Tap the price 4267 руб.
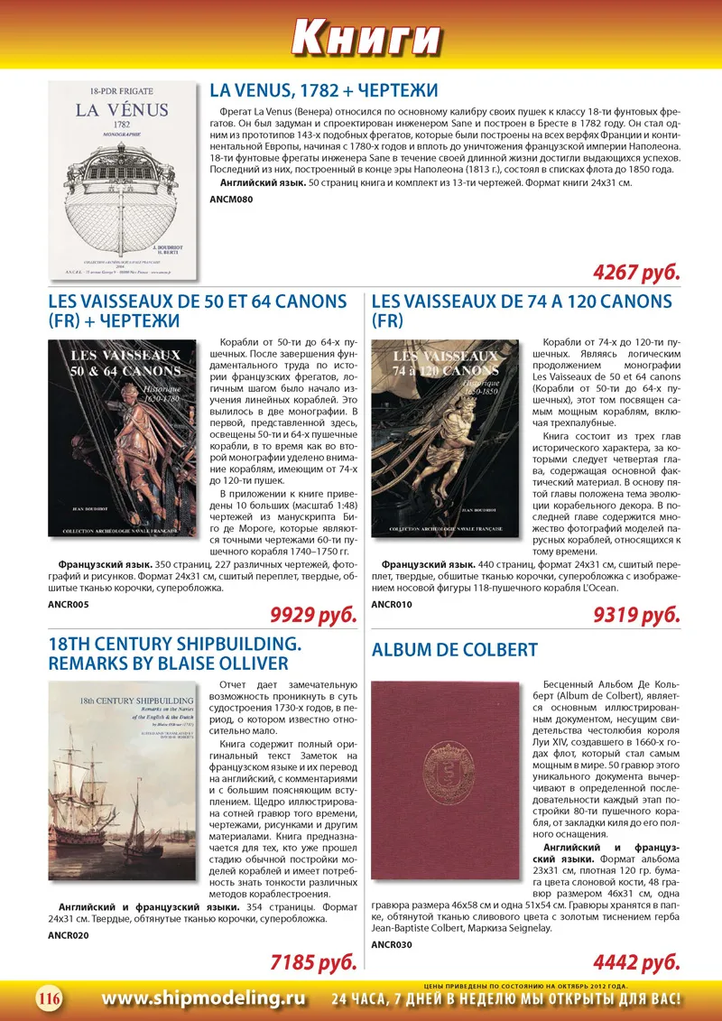[x=637, y=272]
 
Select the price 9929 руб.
[x=314, y=616]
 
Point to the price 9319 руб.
[x=637, y=616]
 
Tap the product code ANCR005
[x=69, y=604]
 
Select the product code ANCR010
[x=392, y=604]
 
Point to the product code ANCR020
[x=69, y=934]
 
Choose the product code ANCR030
[x=392, y=944]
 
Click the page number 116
[x=49, y=998]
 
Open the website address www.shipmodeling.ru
[x=203, y=998]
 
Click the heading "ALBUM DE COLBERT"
[x=455, y=650]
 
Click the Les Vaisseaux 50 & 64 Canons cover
[x=122, y=438]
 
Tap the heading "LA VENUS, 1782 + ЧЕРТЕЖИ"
[x=324, y=91]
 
